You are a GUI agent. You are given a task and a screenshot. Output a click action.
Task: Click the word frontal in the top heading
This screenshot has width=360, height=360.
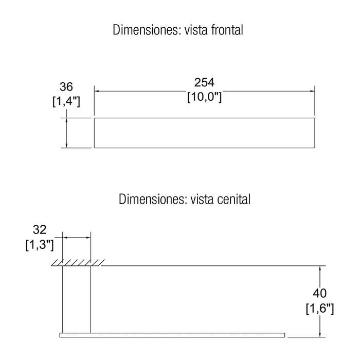click(x=227, y=30)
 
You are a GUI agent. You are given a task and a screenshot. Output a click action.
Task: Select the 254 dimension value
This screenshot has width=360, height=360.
click(x=204, y=82)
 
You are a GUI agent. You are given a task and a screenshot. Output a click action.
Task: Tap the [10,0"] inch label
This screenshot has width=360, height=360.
click(x=205, y=97)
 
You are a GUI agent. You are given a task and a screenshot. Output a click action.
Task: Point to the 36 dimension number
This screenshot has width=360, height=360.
click(x=66, y=87)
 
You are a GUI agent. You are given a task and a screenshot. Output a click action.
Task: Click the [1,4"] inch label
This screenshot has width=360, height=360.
click(x=66, y=101)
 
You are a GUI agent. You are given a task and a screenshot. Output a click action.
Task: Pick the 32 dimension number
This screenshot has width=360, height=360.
click(x=40, y=229)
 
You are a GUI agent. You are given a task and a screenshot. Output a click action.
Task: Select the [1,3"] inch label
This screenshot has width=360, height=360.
click(x=40, y=245)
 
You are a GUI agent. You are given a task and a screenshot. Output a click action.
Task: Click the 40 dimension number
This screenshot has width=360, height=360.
click(x=319, y=293)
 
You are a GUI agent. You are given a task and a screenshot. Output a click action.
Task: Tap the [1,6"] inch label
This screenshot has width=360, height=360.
click(x=320, y=309)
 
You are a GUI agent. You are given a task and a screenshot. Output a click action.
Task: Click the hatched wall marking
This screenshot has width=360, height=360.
click(x=78, y=263)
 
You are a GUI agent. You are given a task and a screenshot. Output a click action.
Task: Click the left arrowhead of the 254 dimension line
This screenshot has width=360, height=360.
click(x=97, y=91)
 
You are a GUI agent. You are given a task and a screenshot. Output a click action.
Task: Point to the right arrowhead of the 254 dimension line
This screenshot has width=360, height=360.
click(x=312, y=91)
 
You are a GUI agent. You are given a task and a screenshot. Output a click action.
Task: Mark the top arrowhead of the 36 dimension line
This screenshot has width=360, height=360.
click(x=66, y=120)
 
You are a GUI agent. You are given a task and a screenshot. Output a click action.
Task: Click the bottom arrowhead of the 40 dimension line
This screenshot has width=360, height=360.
click(x=320, y=335)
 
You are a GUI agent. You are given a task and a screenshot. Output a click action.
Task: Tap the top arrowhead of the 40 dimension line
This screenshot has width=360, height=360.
click(x=320, y=268)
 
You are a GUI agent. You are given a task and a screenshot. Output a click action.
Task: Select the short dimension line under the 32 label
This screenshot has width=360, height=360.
click(x=77, y=238)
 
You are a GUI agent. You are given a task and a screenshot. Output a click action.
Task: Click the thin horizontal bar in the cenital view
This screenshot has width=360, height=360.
click(x=172, y=335)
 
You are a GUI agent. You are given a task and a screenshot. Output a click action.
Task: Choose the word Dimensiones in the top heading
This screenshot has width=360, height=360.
click(x=146, y=30)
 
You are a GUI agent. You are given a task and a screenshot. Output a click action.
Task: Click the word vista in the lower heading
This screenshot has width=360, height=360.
click(x=202, y=199)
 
